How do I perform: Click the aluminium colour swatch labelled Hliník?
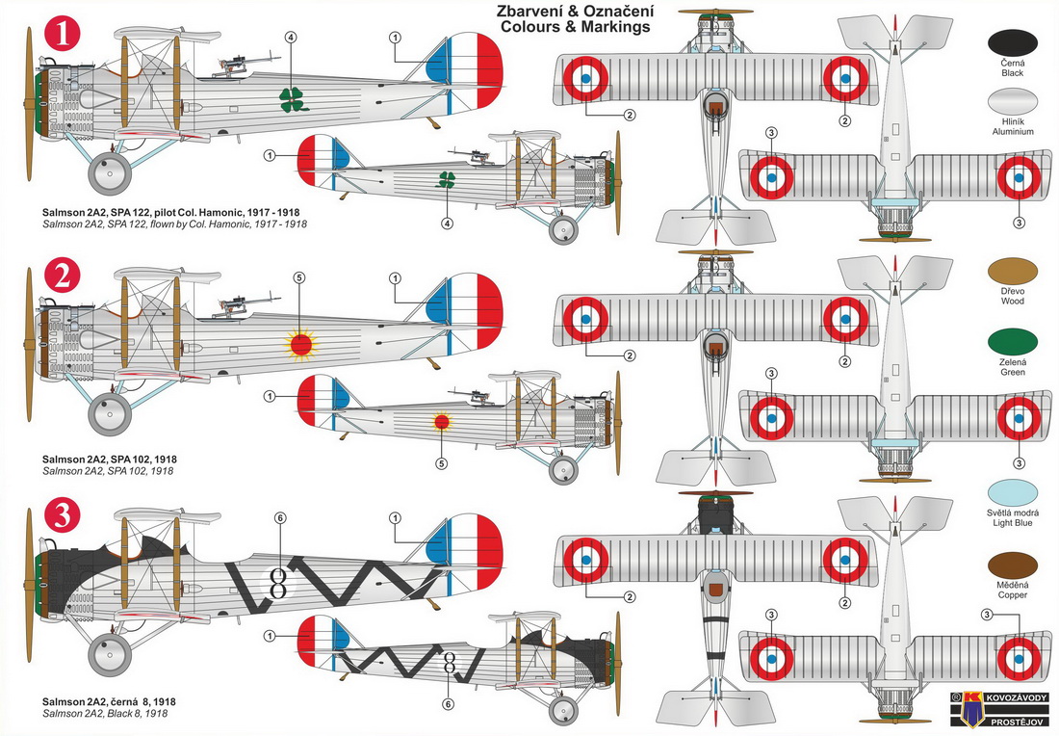tap(1012, 105)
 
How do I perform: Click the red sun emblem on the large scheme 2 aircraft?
tap(299, 342)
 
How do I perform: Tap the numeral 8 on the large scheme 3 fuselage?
tap(279, 582)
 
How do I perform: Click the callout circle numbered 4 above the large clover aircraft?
tap(292, 38)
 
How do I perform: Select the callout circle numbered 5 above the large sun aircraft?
tap(298, 278)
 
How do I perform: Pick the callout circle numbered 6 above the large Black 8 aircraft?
tap(280, 518)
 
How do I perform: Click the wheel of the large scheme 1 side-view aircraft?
tap(109, 174)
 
